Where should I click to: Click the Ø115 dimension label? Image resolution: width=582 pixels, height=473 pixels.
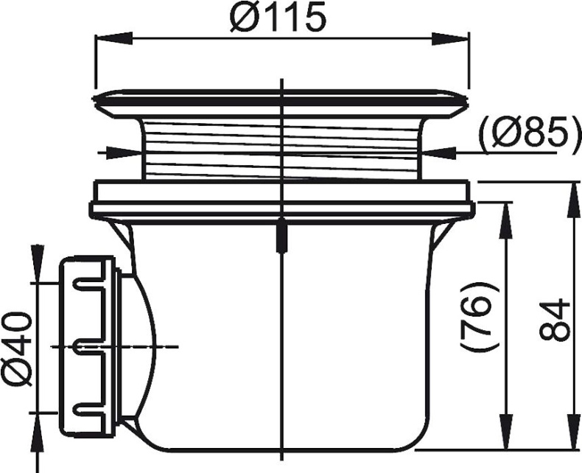278,18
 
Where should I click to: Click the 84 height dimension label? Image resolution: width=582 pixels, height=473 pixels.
554,320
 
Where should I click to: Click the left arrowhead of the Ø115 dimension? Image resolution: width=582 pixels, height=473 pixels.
114,38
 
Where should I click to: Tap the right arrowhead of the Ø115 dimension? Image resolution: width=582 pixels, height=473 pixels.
450,38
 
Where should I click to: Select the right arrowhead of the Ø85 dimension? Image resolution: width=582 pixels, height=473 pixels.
438,153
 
